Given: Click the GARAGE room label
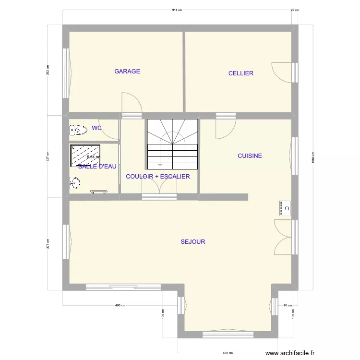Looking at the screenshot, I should [x=127, y=72].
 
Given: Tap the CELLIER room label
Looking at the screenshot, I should [x=241, y=73].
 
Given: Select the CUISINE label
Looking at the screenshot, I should [x=250, y=156].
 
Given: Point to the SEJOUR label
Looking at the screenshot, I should [x=193, y=242].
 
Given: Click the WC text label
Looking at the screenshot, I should [x=97, y=128].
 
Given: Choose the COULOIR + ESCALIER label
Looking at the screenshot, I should [x=158, y=177].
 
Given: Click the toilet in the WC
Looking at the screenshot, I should [x=76, y=130].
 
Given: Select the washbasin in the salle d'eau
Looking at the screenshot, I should [x=74, y=182].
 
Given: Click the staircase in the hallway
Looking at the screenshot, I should [x=172, y=144].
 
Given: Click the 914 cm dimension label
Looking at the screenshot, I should [x=178, y=10].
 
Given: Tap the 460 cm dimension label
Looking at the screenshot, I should [x=120, y=306].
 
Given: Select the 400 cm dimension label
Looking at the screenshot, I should [x=228, y=352].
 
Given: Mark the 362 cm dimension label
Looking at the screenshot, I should [x=48, y=70].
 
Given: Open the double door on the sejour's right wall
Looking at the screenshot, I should [x=283, y=237].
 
